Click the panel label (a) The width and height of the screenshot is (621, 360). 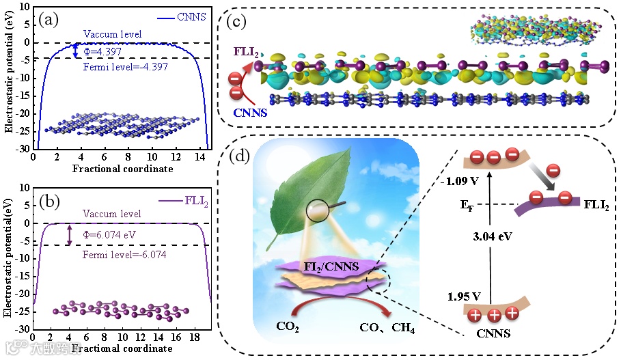coord(51,18)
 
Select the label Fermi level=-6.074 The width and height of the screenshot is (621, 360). coord(120,255)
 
